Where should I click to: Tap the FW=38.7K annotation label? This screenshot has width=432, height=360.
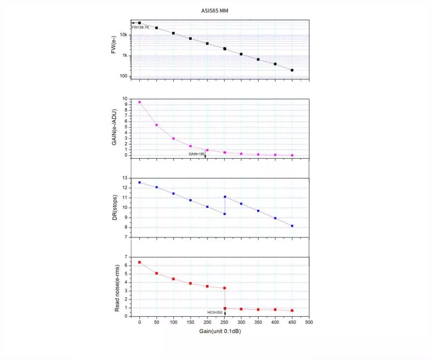point(139,27)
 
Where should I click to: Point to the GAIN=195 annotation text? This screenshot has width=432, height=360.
point(196,154)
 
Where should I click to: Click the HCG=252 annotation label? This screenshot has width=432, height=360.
point(215,312)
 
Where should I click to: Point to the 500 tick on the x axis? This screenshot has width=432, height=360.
point(309,322)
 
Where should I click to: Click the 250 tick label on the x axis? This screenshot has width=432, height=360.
point(224,322)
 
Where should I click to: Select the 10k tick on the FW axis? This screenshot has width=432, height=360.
point(124,35)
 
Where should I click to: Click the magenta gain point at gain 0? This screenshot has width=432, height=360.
point(139,102)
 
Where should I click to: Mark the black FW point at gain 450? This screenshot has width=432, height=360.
point(292,70)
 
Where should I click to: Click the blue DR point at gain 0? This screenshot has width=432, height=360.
point(139,182)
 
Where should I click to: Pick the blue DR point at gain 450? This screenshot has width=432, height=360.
point(292,226)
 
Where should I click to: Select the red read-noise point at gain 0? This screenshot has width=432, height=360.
point(139,262)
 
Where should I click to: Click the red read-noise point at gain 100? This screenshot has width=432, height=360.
point(173,279)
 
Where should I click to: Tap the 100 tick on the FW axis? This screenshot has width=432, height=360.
point(124,76)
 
